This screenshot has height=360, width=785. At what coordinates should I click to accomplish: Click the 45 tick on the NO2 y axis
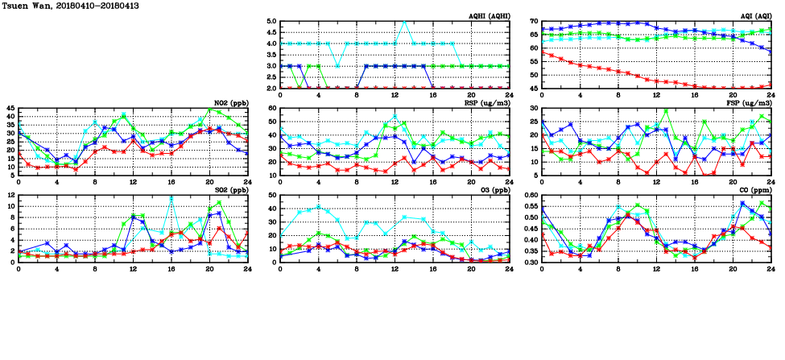10,108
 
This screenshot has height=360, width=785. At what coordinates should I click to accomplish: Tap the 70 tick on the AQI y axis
533,21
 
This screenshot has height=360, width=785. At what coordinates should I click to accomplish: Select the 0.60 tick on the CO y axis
529,195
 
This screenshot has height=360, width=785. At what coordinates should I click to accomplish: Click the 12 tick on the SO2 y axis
10,195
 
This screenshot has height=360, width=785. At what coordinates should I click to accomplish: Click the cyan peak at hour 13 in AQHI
404,22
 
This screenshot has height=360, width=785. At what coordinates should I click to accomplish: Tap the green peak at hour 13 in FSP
666,110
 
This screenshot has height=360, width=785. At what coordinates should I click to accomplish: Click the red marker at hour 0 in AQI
542,52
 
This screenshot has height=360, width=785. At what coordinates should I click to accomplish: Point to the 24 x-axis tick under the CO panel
771,268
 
